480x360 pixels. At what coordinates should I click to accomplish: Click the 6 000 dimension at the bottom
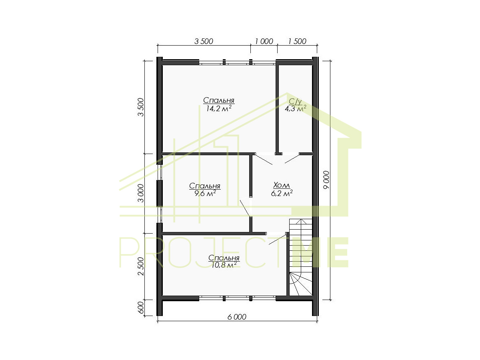pyautogui.click(x=237, y=317)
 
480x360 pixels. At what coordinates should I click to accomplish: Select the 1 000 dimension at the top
pyautogui.click(x=264, y=41)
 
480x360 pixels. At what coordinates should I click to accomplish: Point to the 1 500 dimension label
pyautogui.click(x=297, y=41)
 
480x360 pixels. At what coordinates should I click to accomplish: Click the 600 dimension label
pyautogui.click(x=141, y=307)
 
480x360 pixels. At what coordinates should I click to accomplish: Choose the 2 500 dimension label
pyautogui.click(x=141, y=266)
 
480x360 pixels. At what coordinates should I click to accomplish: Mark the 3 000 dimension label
pyautogui.click(x=141, y=193)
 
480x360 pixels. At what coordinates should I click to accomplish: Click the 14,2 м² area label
pyautogui.click(x=219, y=108)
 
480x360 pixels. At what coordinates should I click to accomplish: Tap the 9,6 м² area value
pyautogui.click(x=205, y=193)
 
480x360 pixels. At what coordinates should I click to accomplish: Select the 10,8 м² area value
pyautogui.click(x=224, y=265)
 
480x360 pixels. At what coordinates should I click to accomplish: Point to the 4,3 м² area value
pyautogui.click(x=295, y=108)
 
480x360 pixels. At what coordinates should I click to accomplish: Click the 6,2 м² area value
pyautogui.click(x=282, y=193)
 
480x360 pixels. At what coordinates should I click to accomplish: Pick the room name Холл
pyautogui.click(x=282, y=185)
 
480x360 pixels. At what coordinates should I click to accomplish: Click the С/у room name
pyautogui.click(x=295, y=102)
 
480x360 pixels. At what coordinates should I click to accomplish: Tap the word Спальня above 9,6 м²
pyautogui.click(x=205, y=186)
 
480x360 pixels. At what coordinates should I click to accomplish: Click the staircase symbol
pyautogui.click(x=301, y=257)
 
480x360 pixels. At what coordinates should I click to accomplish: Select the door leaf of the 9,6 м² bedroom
pyautogui.click(x=245, y=208)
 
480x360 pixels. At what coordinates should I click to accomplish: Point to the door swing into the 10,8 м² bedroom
pyautogui.click(x=277, y=239)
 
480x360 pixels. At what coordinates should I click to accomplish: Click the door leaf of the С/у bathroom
pyautogui.click(x=292, y=159)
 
